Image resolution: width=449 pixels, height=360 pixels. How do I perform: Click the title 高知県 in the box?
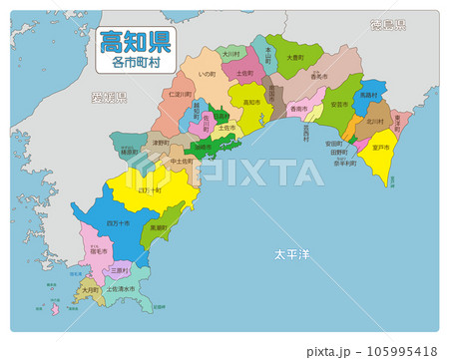133,42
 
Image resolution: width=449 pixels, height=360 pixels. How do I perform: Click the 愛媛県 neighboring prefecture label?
108,98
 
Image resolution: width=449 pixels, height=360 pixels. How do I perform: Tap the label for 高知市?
250,102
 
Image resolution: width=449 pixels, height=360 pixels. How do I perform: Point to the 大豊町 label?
295,58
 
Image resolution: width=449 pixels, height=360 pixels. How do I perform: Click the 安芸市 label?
339,104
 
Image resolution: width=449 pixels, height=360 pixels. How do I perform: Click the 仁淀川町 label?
181,93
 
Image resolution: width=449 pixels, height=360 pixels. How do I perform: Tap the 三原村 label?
118,269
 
